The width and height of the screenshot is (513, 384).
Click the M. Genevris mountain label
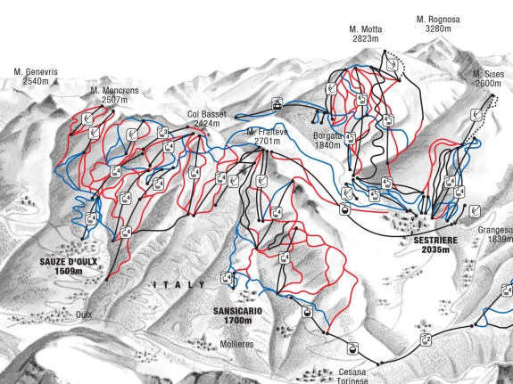point(35,70)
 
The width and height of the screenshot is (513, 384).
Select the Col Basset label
point(205,114)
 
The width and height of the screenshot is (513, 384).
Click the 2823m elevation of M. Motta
point(365,39)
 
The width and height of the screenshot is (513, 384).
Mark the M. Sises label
point(488,73)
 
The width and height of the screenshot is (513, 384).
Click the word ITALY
point(178,284)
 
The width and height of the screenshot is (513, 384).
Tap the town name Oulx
point(84,315)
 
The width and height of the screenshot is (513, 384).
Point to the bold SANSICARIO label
point(237,310)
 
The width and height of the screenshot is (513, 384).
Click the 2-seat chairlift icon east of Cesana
point(426,339)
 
